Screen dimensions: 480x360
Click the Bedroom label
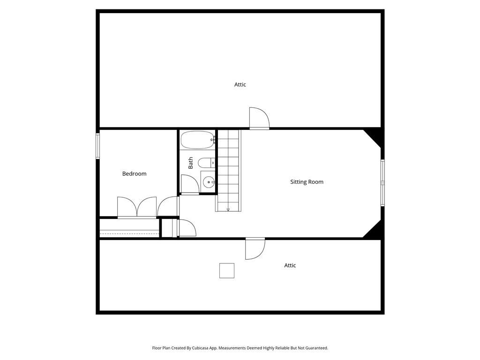134,174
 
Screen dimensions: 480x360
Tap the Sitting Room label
307,182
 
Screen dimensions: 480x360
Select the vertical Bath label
191,163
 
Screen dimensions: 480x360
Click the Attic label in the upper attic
240,84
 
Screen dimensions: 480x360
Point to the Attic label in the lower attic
290,265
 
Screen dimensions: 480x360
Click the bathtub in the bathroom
198,140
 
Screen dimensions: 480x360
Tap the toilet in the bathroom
206,163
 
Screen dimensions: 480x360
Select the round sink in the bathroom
208,182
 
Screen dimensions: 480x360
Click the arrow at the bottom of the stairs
228,210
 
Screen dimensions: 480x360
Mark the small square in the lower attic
227,270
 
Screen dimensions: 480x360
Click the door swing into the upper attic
259,118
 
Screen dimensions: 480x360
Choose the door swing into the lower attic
255,248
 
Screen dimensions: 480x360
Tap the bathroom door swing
190,185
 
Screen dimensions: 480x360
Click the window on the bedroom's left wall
97,146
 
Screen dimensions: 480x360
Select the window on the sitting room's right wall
382,183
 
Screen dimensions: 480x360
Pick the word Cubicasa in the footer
201,348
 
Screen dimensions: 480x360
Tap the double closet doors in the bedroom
137,207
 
